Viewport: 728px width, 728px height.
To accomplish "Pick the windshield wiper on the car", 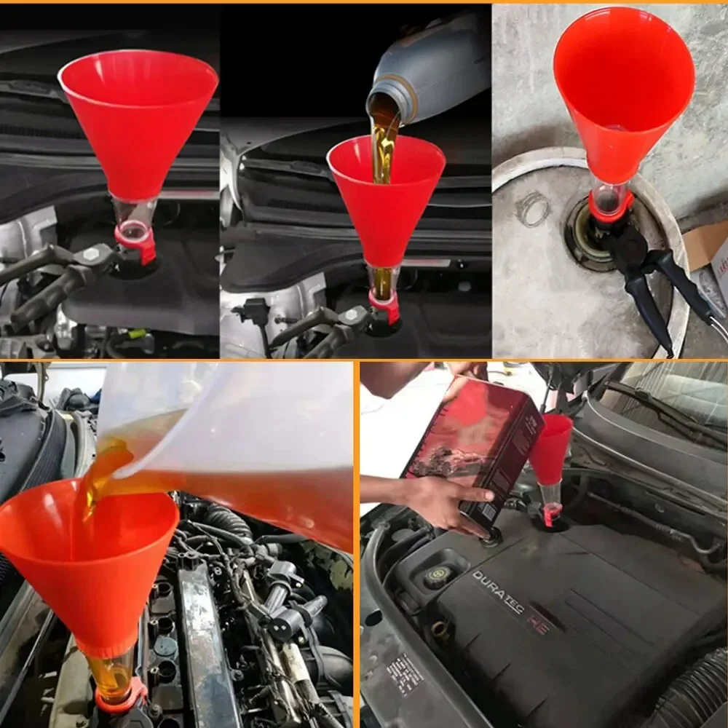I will point(655,408).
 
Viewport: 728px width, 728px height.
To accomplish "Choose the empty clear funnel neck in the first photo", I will point(135,215).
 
